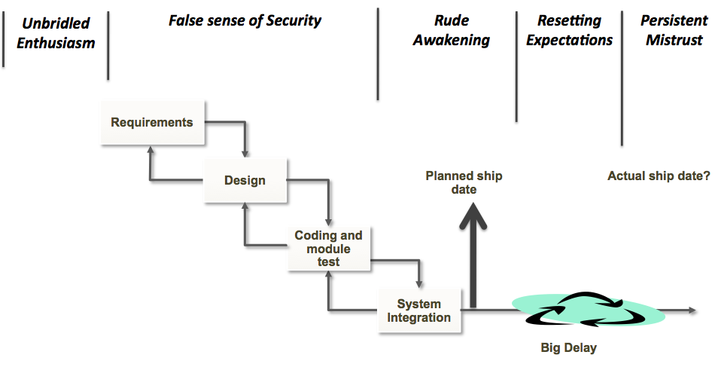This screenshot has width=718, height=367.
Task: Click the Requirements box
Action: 153,122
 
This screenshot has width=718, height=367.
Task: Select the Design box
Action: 245,180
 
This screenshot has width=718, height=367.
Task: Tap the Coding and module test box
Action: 329,249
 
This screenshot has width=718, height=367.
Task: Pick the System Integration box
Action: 419,310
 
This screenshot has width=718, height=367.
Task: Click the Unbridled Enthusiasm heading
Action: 56,33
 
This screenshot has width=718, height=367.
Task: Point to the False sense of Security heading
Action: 245,20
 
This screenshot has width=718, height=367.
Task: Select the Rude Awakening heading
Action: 452,30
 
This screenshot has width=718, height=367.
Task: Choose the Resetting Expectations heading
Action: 569,30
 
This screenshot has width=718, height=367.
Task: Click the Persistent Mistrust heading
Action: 674,30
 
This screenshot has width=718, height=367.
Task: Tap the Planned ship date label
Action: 464,182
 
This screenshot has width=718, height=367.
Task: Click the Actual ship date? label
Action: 659,176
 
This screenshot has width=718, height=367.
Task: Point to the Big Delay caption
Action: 568,347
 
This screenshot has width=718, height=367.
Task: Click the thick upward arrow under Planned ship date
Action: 473,256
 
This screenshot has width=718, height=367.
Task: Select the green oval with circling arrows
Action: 589,309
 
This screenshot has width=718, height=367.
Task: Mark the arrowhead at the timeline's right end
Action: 692,310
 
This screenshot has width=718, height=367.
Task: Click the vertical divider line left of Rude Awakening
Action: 378,53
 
